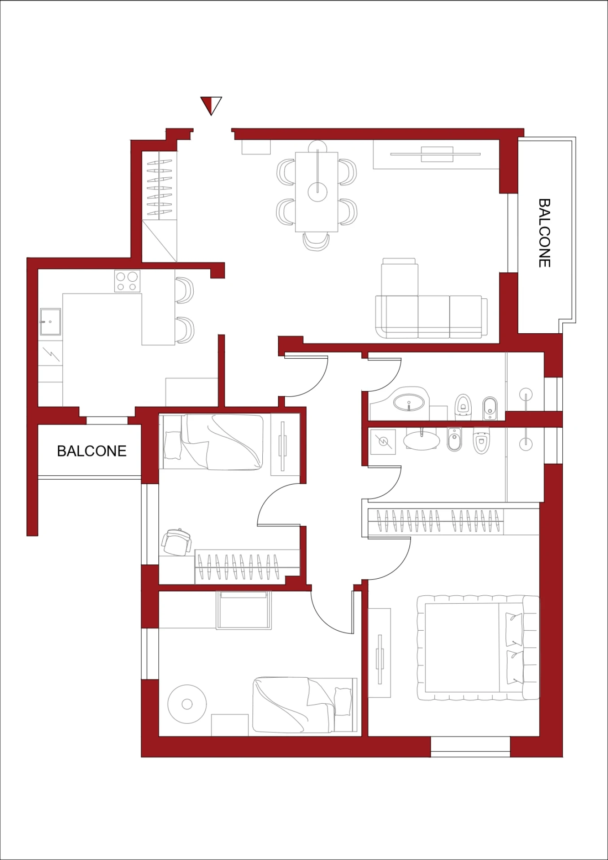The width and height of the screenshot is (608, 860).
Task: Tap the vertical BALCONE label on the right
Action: click(544, 233)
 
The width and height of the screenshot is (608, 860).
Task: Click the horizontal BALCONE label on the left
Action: click(92, 451)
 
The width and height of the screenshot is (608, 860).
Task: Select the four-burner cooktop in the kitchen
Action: click(127, 281)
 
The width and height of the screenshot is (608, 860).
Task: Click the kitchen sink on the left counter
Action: click(50, 321)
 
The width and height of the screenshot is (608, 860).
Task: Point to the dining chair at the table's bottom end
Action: click(316, 241)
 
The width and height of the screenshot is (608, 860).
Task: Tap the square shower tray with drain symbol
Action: click(382, 442)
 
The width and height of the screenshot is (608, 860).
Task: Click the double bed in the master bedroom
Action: click(478, 648)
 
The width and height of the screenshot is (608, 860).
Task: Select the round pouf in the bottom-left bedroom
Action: click(187, 705)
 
